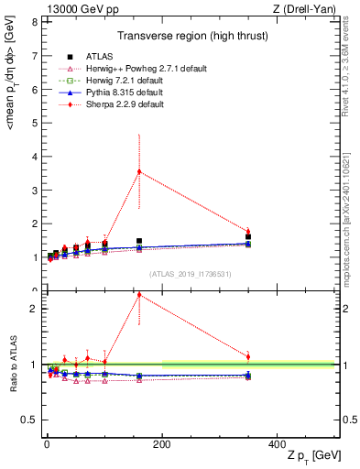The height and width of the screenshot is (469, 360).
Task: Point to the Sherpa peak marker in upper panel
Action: [x=139, y=171]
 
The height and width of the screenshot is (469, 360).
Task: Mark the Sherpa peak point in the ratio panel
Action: [x=139, y=294]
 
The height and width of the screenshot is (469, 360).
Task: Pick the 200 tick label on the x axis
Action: [x=161, y=442]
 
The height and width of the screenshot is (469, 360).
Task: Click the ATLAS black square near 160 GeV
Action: [x=139, y=241]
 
